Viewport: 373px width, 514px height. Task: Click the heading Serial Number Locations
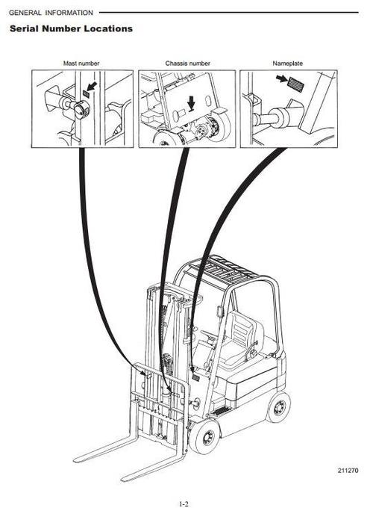click(x=71, y=28)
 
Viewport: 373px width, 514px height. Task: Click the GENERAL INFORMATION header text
click(x=51, y=13)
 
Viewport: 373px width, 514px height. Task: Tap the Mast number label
click(x=82, y=64)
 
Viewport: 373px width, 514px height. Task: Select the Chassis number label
click(x=187, y=64)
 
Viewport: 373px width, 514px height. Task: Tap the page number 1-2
click(x=184, y=504)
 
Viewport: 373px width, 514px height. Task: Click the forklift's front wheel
click(x=204, y=436)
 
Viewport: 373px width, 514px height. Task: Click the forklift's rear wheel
click(x=278, y=406)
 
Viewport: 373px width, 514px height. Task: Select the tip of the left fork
click(x=77, y=459)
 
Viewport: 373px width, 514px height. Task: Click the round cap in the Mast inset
click(x=78, y=111)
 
